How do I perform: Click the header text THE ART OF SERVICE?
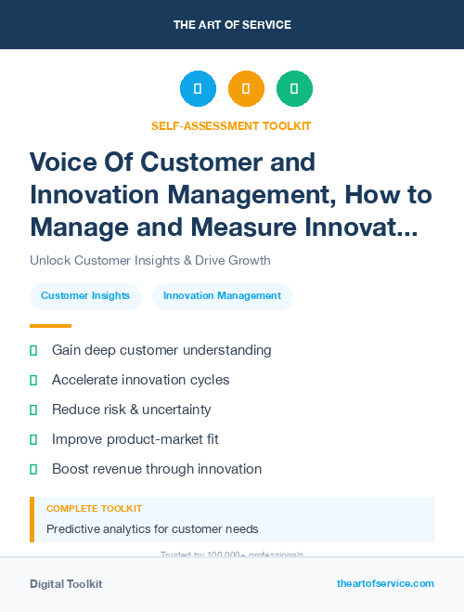click(x=232, y=25)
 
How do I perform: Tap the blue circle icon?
click(x=198, y=89)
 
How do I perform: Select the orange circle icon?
click(x=246, y=89)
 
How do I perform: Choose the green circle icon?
click(x=294, y=89)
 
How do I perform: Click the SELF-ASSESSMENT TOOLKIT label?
click(x=232, y=125)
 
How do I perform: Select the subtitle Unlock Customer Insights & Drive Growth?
click(x=149, y=260)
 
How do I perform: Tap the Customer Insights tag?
click(x=85, y=296)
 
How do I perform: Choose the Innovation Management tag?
click(x=222, y=296)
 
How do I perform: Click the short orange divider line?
click(x=50, y=326)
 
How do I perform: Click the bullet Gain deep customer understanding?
click(x=161, y=350)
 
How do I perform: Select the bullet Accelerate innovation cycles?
click(x=140, y=380)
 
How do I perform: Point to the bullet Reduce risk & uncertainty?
click(x=131, y=410)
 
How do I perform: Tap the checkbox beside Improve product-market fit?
click(x=33, y=439)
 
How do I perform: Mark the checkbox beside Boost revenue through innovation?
click(x=33, y=469)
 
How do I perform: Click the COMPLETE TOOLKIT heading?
click(x=94, y=509)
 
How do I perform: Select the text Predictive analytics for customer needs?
click(x=152, y=529)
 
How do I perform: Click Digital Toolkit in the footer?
click(x=66, y=584)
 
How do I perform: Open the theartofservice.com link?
click(x=385, y=583)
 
